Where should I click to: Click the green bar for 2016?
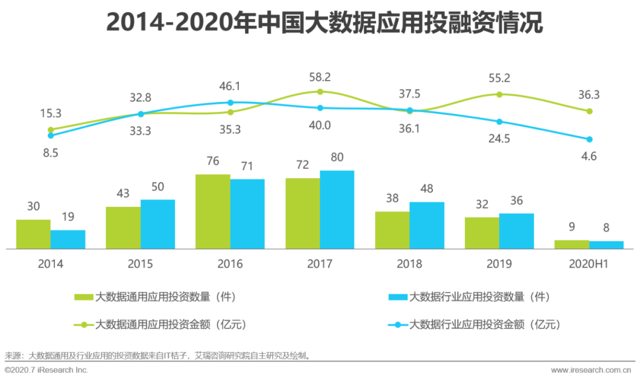pyautogui.click(x=213, y=212)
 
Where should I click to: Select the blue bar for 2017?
pyautogui.click(x=337, y=210)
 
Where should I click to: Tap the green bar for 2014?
pyautogui.click(x=33, y=234)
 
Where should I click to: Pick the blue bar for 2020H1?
pyautogui.click(x=606, y=245)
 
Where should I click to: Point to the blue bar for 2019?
pyautogui.click(x=516, y=231)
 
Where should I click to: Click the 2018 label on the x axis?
pyautogui.click(x=409, y=264)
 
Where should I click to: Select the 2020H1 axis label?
pyautogui.click(x=589, y=264)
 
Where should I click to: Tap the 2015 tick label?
pyautogui.click(x=140, y=264)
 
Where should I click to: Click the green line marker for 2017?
pyautogui.click(x=320, y=91)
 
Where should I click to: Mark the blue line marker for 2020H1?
pyautogui.click(x=589, y=139)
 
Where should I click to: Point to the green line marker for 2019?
pyautogui.click(x=500, y=94)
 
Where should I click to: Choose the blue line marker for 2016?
pyautogui.click(x=231, y=103)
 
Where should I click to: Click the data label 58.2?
pyautogui.click(x=320, y=77)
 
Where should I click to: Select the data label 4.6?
pyautogui.click(x=589, y=156)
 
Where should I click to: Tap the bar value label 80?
pyautogui.click(x=337, y=158)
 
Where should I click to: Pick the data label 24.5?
pyautogui.click(x=499, y=139)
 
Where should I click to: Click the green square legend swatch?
pyautogui.click(x=84, y=297)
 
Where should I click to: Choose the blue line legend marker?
pyautogui.click(x=398, y=324)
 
